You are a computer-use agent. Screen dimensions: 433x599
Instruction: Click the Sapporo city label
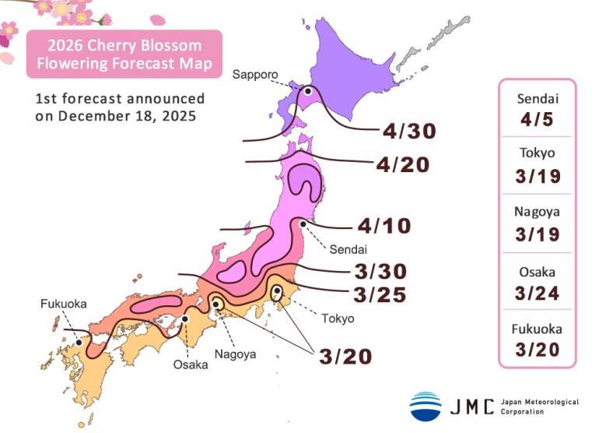point(255,74)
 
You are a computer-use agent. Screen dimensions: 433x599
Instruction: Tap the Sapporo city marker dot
point(308,91)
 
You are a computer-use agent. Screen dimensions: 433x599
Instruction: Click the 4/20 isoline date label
point(403,164)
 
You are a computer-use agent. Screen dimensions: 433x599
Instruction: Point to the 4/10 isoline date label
point(384,226)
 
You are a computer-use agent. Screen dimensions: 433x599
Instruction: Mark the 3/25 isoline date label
point(380,294)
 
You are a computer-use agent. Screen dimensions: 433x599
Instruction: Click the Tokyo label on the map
point(338,318)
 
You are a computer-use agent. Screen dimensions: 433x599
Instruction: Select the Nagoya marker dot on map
point(218,305)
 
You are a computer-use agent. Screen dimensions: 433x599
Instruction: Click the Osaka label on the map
point(191,364)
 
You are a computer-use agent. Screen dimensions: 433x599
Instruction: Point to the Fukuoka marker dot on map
point(79,342)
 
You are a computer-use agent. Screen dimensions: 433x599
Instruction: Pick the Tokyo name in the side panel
point(537,154)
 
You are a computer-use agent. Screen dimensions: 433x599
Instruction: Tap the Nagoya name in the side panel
point(537,211)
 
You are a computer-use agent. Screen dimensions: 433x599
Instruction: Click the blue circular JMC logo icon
point(426,406)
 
